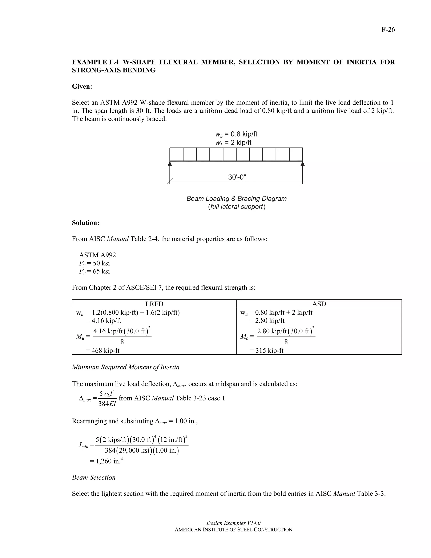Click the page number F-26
[388, 30]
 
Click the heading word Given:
[82, 86]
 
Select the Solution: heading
[85, 223]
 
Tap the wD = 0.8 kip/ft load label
[236, 134]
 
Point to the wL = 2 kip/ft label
[233, 143]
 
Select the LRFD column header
[154, 304]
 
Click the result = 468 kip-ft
[103, 350]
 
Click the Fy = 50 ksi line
[94, 263]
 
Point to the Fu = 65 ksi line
[94, 271]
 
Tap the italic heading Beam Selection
[94, 477]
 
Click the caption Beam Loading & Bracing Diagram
[236, 199]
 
